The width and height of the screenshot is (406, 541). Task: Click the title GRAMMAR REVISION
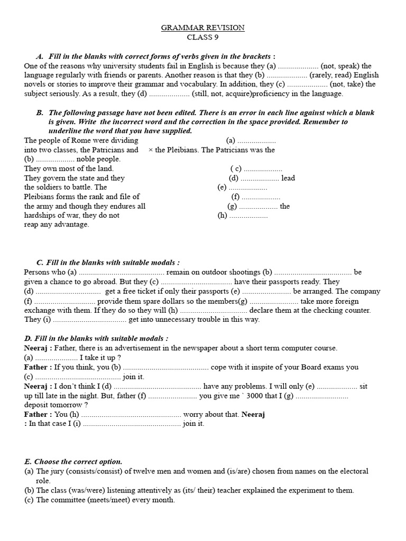pos(203,27)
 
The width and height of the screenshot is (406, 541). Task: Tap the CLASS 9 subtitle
pos(202,37)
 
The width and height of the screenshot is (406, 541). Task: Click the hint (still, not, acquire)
pos(222,94)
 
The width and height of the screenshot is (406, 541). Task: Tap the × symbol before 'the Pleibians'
pos(151,150)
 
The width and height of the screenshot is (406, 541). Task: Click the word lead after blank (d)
pos(288,178)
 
